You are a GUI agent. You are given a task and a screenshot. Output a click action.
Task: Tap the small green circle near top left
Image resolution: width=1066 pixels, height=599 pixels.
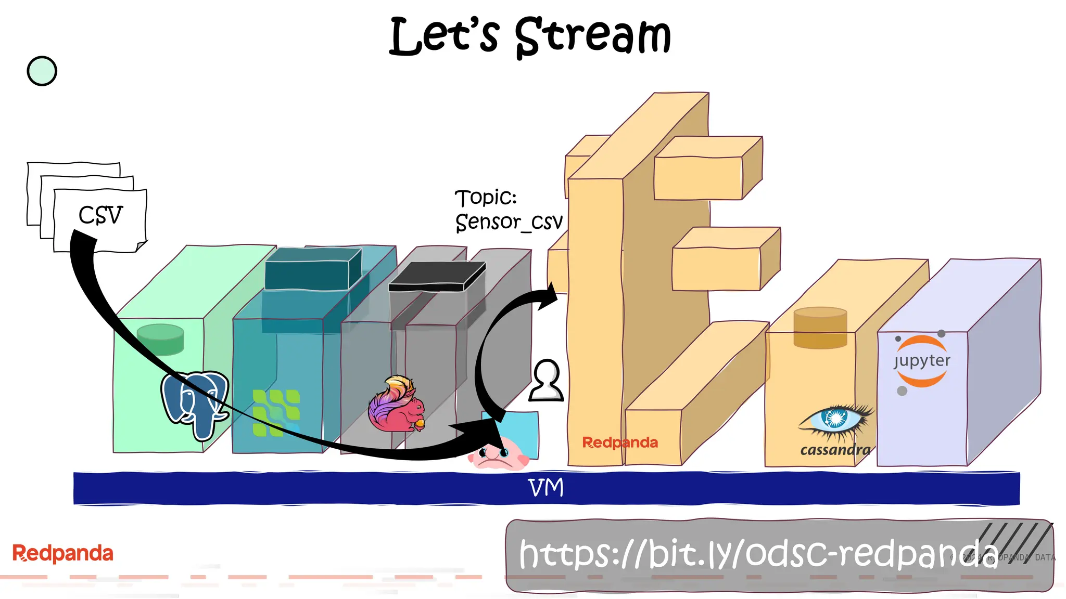pos(42,71)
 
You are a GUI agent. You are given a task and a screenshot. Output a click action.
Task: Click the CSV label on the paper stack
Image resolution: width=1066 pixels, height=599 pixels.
pos(100,215)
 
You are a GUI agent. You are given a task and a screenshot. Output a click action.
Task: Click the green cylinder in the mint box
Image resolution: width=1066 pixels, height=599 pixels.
pos(160,339)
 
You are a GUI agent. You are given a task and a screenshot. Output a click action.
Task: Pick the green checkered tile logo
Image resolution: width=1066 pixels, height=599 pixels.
pos(276,413)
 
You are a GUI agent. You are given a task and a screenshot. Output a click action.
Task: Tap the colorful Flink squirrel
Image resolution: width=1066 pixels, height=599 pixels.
pos(397,406)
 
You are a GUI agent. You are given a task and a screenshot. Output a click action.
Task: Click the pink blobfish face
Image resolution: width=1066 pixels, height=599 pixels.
pos(497,454)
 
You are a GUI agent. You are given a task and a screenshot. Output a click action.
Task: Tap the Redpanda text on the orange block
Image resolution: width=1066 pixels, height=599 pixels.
pos(619,442)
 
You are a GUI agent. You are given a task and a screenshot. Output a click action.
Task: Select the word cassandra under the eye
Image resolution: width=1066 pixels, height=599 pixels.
pos(835,450)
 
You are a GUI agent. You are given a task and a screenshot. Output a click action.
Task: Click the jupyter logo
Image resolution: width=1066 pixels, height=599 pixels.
pos(921,361)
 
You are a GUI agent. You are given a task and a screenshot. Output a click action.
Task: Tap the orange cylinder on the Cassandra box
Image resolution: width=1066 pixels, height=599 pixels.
pos(820,328)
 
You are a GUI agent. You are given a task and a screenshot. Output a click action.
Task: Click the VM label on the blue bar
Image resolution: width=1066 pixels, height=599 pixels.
pos(545,488)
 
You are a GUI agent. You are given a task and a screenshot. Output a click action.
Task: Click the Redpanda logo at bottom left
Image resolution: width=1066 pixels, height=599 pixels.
pos(62,553)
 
